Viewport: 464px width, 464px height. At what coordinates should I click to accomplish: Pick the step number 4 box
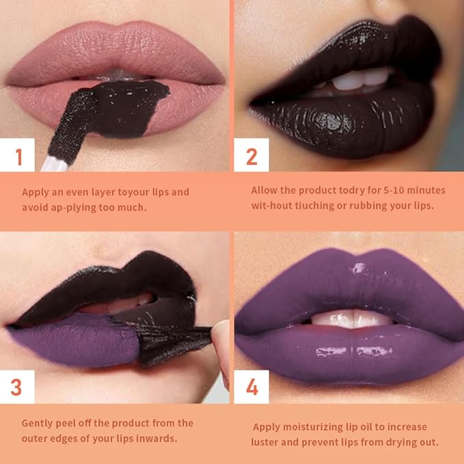pyautogui.click(x=251, y=387)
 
